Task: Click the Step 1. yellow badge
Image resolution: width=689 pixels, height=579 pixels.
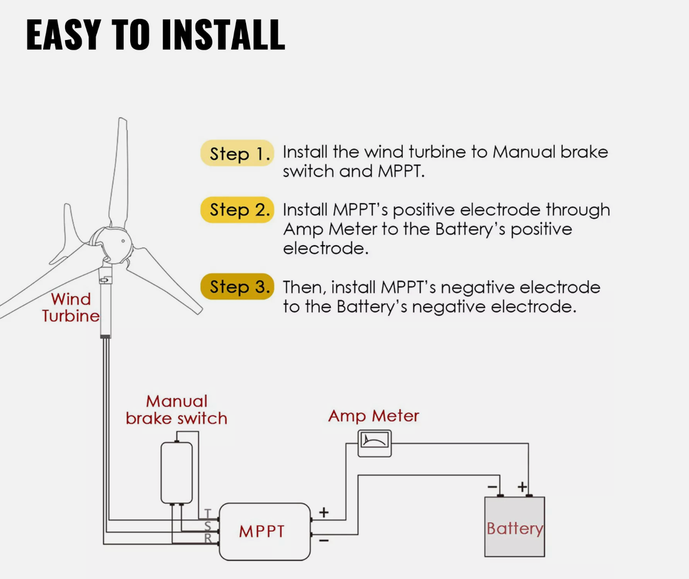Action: [237, 153]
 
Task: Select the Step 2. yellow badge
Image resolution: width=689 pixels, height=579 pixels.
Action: [237, 210]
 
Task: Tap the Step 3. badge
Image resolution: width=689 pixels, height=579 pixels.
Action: [237, 286]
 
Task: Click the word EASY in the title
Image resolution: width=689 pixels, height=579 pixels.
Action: [63, 35]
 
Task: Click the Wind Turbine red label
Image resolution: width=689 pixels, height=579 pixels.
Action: [71, 307]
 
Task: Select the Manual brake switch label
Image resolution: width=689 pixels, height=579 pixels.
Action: [176, 410]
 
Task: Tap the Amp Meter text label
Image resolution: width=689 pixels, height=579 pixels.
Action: [373, 416]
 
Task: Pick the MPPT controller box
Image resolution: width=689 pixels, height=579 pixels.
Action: [265, 532]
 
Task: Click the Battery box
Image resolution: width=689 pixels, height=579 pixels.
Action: [514, 527]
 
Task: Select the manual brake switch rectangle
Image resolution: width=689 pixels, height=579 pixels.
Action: [176, 473]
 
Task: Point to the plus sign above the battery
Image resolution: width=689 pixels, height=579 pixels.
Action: [522, 487]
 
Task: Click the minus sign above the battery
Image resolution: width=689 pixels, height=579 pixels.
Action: [492, 487]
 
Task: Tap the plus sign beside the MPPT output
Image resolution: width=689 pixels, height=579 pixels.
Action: [324, 512]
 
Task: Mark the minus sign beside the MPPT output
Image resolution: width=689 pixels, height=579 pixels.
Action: [324, 540]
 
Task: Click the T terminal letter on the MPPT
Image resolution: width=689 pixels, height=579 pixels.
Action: [208, 513]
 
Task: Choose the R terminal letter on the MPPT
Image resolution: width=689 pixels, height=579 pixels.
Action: [208, 538]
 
